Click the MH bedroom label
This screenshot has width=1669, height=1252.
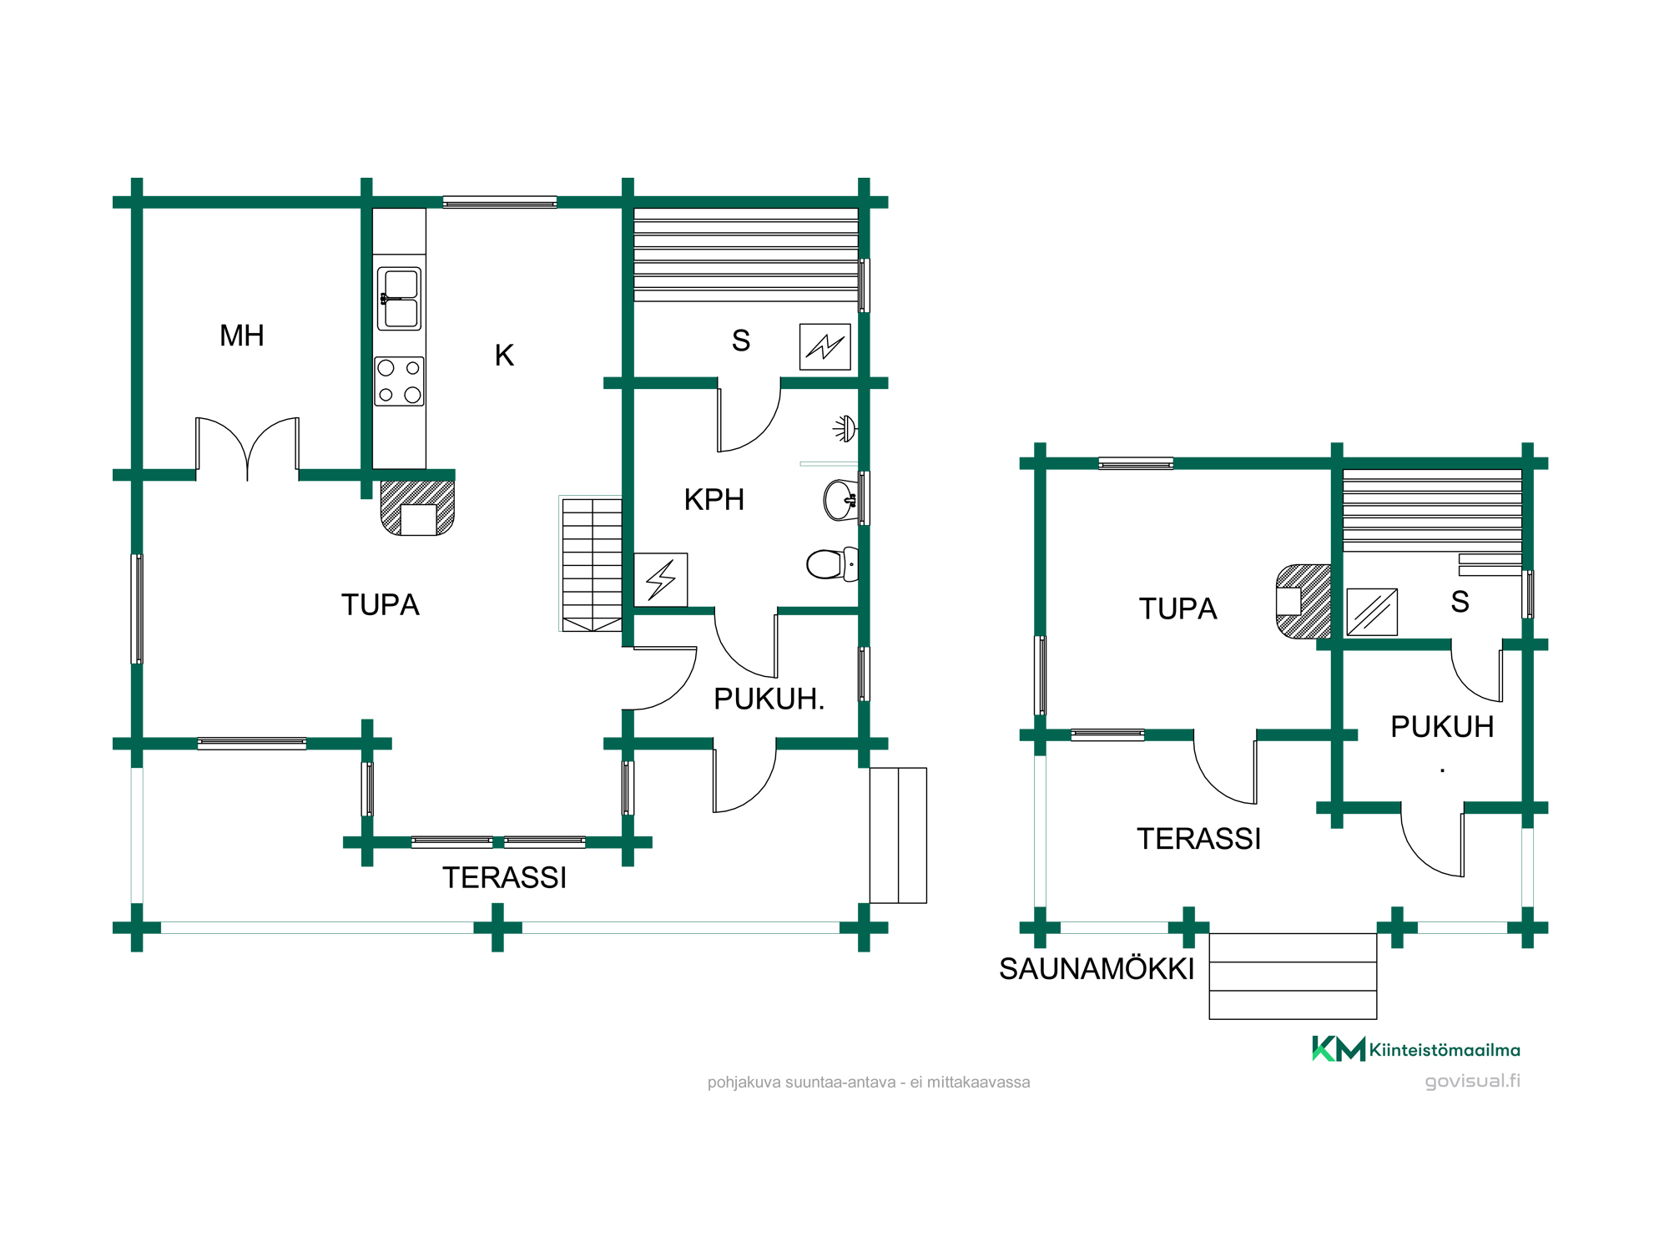pos(242,336)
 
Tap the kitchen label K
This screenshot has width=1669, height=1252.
pos(504,356)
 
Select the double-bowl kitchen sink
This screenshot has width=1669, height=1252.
pos(399,299)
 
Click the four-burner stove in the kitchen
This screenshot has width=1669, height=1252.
pos(399,381)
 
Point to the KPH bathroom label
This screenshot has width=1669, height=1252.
pos(714,500)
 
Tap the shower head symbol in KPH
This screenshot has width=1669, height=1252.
pos(845,429)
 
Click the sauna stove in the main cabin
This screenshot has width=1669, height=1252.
pos(825,346)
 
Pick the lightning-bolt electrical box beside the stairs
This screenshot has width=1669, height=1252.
pos(661,579)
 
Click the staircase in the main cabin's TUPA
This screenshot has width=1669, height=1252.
pos(592,564)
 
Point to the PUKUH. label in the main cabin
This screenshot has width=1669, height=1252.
pos(769,699)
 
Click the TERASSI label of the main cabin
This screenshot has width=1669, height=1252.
pos(504,878)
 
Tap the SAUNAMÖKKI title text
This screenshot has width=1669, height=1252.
pos(1097,969)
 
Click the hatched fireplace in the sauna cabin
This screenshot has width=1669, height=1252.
pos(1303,602)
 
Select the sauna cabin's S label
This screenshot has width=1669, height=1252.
pos(1460,602)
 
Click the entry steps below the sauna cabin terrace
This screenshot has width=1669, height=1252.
pos(1293,976)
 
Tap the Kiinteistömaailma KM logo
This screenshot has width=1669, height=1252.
pos(1415,1049)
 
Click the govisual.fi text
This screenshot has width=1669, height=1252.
pos(1472,1081)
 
